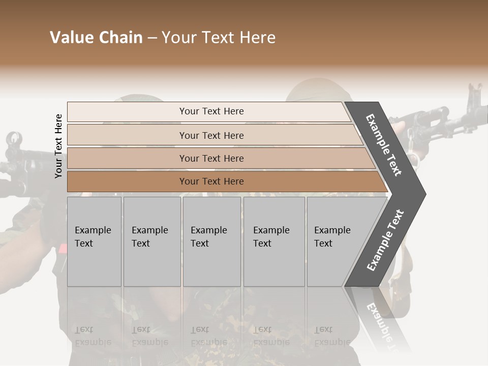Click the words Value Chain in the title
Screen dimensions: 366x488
[x=96, y=38]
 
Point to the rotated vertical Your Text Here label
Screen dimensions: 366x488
[x=58, y=146]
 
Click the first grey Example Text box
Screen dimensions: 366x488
[x=94, y=241]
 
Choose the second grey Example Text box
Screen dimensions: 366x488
[x=152, y=241]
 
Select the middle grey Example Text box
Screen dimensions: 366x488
[x=211, y=241]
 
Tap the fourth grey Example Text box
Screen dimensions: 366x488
[x=274, y=241]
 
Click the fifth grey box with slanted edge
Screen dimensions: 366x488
[x=335, y=241]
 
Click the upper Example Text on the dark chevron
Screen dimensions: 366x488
[x=384, y=145]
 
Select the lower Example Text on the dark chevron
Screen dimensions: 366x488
[x=385, y=240]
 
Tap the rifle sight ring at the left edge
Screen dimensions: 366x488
[x=14, y=138]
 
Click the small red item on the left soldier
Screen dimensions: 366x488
[x=63, y=249]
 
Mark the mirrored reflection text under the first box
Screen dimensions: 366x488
[x=93, y=336]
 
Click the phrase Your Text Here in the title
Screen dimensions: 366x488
[x=219, y=38]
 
